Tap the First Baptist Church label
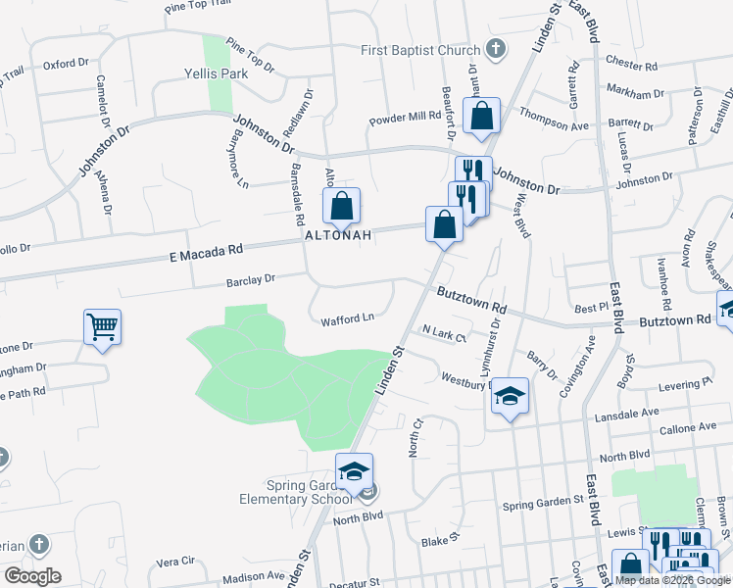(419, 50)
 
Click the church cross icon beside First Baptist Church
(496, 50)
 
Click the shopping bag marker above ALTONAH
(341, 207)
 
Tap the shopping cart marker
(103, 326)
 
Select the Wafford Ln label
(348, 318)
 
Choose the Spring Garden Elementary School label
(295, 491)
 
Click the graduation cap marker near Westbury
(510, 396)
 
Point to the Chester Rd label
(631, 67)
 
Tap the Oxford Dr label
(67, 65)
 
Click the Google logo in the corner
(32, 576)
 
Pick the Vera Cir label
(175, 563)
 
